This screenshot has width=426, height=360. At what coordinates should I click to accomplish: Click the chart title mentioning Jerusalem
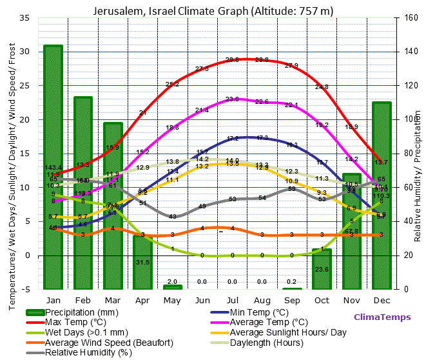click(213, 11)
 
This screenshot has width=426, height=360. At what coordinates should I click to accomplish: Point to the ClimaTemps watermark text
click(382, 317)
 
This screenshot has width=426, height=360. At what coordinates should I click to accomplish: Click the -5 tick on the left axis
click(27, 289)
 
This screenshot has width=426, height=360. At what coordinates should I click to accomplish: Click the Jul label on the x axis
click(232, 301)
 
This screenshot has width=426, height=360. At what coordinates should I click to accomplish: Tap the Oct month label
click(322, 301)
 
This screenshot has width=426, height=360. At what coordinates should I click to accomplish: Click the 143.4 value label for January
click(53, 168)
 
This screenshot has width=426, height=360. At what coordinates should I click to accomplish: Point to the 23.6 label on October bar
click(322, 270)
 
